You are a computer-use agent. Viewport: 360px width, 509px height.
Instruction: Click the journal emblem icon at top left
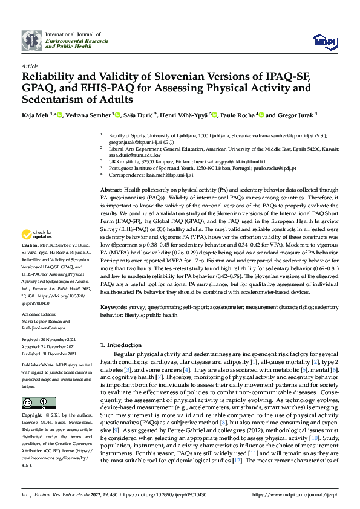click(32, 41)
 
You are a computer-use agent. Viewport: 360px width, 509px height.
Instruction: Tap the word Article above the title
click(29, 66)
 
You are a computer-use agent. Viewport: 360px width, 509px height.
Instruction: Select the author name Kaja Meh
click(34, 114)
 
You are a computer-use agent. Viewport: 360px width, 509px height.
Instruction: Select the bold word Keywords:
click(114, 307)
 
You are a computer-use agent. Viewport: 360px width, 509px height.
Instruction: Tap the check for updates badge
click(36, 234)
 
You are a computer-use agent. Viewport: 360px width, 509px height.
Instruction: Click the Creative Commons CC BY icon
click(38, 403)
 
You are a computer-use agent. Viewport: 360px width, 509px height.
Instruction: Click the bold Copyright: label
click(31, 416)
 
